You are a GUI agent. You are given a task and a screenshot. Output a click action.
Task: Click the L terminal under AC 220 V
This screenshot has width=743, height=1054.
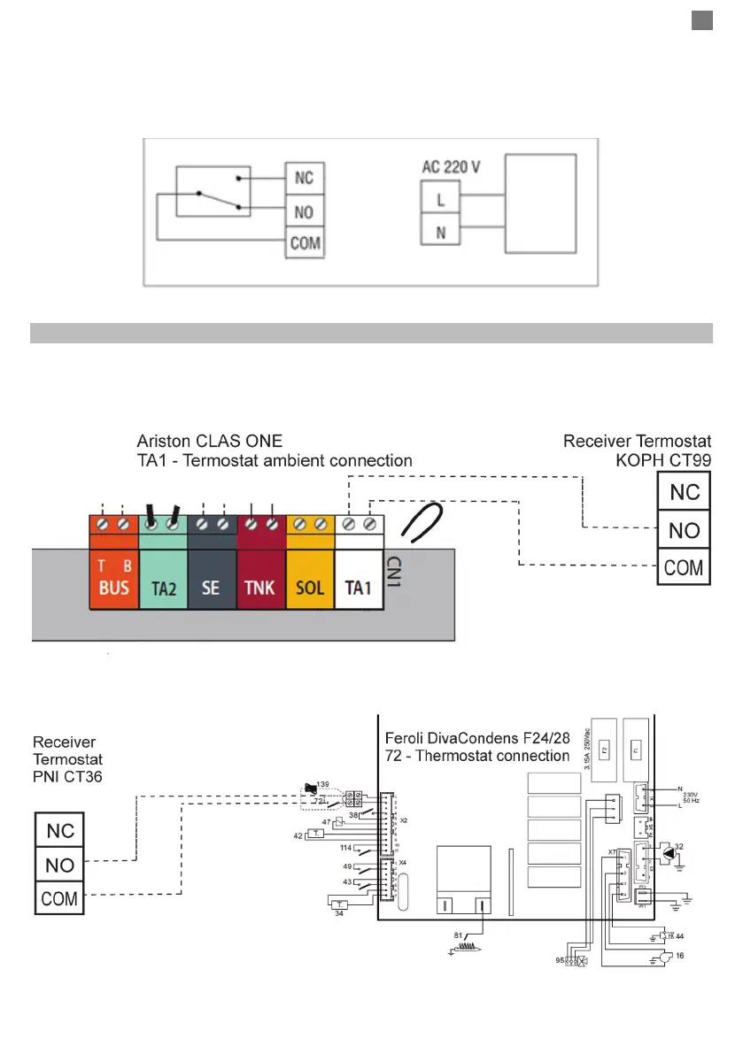point(440,200)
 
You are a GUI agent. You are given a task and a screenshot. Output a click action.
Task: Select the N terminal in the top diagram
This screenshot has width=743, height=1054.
point(440,233)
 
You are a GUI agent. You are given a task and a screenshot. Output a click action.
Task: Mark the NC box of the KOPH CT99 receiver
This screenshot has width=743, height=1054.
point(683,492)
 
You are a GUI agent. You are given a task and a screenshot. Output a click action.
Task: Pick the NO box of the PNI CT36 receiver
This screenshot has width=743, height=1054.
point(59,865)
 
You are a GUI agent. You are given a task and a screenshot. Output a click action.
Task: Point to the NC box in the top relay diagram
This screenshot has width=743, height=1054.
point(305,180)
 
